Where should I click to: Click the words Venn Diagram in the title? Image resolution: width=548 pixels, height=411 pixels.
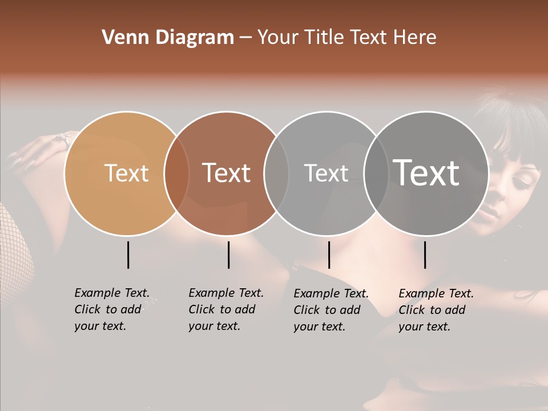(x=168, y=38)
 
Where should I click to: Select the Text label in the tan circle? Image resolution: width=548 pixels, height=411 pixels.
(x=126, y=173)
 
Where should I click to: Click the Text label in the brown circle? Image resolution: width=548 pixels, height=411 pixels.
(x=227, y=173)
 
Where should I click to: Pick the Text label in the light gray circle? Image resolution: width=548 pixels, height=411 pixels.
(x=326, y=173)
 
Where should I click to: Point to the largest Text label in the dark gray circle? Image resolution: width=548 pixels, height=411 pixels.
(x=426, y=172)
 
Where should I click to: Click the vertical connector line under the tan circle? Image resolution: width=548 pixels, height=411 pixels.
(x=128, y=255)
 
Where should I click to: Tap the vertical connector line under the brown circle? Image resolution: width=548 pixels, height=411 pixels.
(x=228, y=255)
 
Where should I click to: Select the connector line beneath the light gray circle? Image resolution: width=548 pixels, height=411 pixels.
(x=329, y=255)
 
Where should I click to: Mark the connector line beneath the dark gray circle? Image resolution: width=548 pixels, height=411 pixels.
(x=425, y=255)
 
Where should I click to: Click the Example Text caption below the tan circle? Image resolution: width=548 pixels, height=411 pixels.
(x=112, y=309)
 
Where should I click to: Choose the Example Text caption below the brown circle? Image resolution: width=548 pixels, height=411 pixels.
(x=226, y=309)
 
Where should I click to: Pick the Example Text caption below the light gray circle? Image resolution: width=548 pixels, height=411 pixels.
(x=331, y=310)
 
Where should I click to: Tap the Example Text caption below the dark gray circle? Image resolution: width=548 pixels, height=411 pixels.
(x=436, y=310)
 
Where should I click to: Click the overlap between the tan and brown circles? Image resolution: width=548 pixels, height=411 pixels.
(x=176, y=174)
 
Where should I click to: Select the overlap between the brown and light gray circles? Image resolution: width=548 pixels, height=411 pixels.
(x=276, y=174)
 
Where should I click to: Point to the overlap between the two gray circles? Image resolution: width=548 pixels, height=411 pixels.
(x=376, y=174)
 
